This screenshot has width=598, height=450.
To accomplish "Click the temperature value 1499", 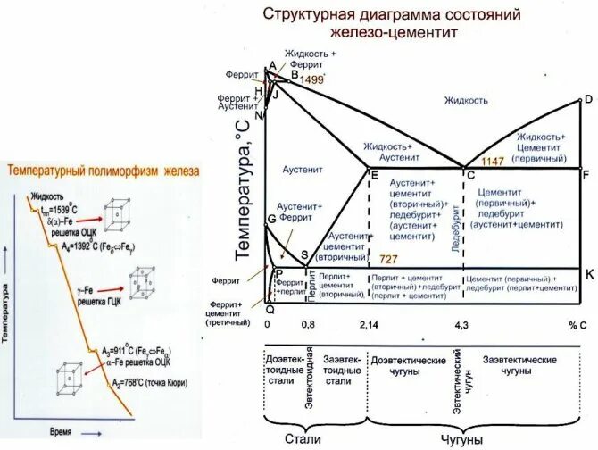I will (x=311, y=80).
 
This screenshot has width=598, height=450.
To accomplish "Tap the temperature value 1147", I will (x=494, y=162).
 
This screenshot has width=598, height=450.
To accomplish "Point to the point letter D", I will (x=587, y=100).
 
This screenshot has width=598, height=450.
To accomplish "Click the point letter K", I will (x=588, y=275).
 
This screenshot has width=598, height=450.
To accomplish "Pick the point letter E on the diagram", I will (x=374, y=174).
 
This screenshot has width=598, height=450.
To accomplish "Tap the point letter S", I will (x=304, y=254).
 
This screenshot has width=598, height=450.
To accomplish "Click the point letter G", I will (x=270, y=219).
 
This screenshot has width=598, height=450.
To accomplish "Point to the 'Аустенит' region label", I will (x=303, y=169).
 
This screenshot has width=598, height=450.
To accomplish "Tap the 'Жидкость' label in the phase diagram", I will (x=466, y=101).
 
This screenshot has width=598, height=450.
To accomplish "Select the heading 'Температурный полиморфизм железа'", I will (x=104, y=170).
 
